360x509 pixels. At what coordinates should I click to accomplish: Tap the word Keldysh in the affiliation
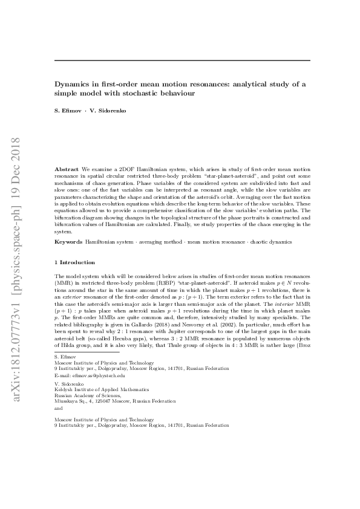click(x=64, y=390)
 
